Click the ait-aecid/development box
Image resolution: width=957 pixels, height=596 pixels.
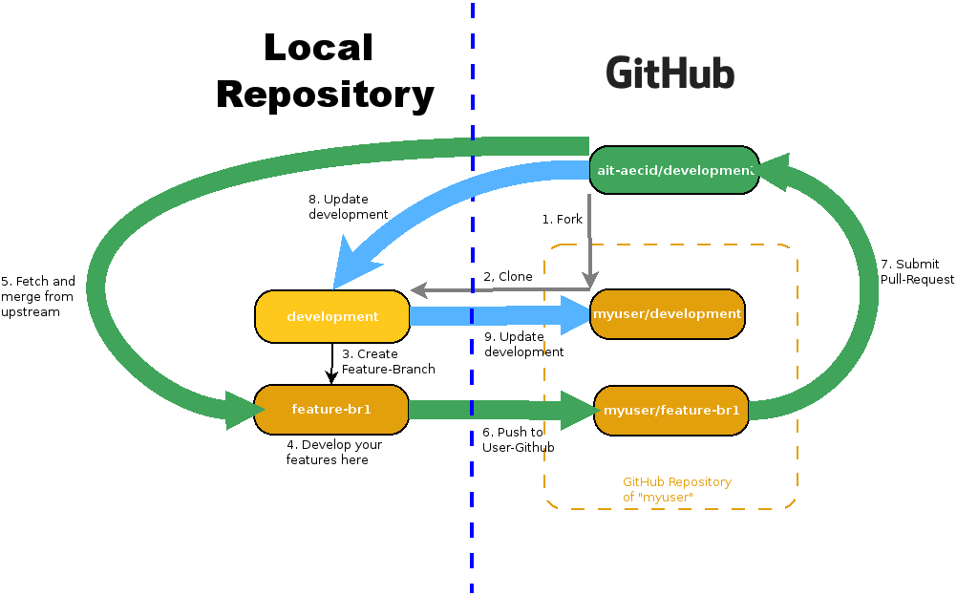pos(673,170)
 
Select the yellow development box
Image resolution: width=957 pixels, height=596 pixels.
pos(332,316)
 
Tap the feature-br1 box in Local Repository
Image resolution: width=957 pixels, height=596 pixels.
pos(331,410)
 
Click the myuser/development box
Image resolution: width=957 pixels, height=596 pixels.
pos(667,314)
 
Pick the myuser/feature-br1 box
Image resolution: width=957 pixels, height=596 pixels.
pos(671,411)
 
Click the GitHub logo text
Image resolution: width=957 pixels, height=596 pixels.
pos(670,74)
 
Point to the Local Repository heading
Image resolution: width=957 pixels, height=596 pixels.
pos(324,72)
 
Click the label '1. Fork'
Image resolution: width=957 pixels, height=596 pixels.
pos(562,220)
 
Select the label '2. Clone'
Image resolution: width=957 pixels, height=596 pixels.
pos(507,277)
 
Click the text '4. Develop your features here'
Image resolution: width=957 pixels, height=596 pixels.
pos(333,452)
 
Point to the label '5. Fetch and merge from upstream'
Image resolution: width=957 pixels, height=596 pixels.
pos(38,296)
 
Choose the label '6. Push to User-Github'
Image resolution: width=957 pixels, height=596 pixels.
pos(518,439)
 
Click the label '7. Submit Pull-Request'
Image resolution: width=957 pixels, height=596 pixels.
pos(917,271)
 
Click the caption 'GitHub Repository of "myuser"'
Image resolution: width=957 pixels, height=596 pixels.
pos(676,489)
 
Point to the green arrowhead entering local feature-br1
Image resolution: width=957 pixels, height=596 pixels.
pos(244,410)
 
